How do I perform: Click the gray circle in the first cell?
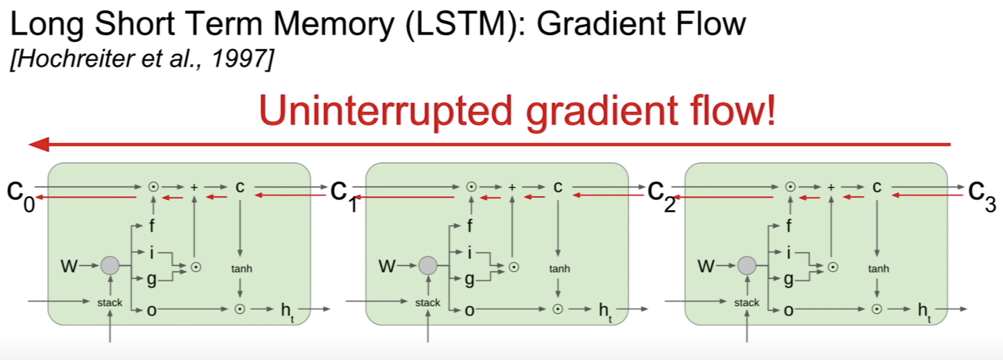[x=110, y=265]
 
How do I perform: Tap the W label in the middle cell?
[x=387, y=266]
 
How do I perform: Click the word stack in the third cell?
[x=747, y=303]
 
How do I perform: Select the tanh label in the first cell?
[x=241, y=269]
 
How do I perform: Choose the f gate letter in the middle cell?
[x=470, y=226]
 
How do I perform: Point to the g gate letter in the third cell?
[x=789, y=279]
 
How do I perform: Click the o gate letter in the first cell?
[x=151, y=310]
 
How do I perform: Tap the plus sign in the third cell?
[x=831, y=187]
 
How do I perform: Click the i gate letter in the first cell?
[x=151, y=252]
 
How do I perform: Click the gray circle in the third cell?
[x=747, y=265]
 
